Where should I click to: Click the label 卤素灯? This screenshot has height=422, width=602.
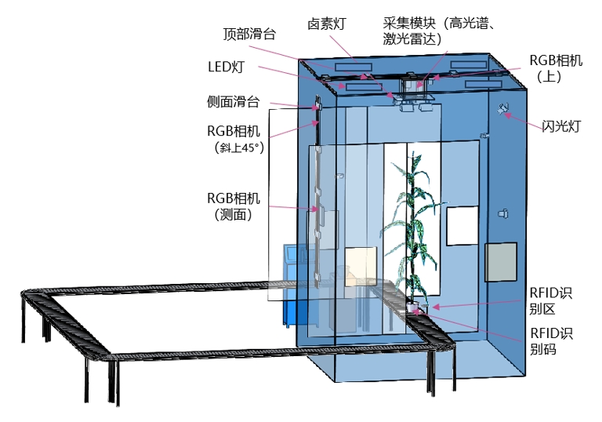[327, 24]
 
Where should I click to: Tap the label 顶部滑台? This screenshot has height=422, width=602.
[249, 34]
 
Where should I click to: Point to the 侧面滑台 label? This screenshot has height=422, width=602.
[233, 101]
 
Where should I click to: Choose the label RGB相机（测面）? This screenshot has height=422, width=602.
[234, 206]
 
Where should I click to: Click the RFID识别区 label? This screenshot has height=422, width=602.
[551, 301]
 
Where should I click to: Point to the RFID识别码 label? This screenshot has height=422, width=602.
[551, 342]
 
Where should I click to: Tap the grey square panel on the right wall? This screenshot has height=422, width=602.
[501, 262]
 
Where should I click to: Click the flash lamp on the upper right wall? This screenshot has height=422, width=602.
[502, 110]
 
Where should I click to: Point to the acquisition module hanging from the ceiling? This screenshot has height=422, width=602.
[415, 88]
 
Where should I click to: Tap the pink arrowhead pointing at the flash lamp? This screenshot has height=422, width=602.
[507, 116]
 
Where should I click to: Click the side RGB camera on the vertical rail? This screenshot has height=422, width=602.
[319, 209]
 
